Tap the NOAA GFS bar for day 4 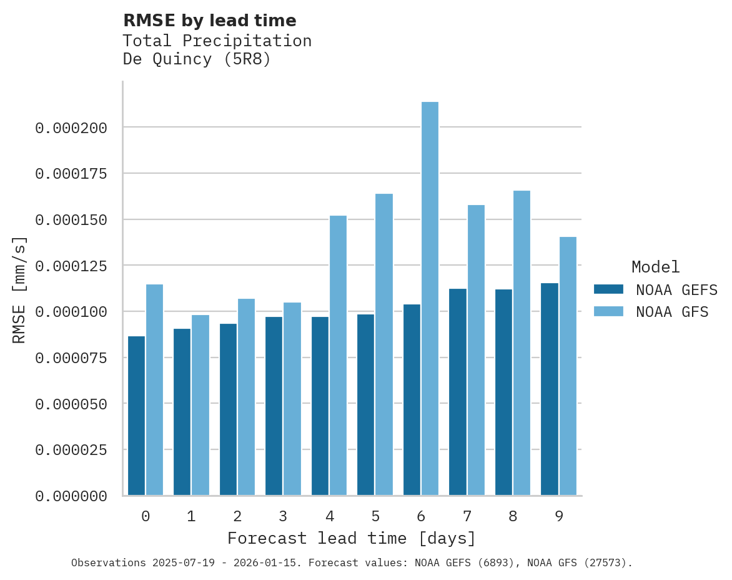(x=338, y=356)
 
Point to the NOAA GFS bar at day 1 (x=200, y=405)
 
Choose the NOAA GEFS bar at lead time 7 (x=458, y=392)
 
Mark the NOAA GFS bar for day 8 (x=522, y=343)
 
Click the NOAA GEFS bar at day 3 (x=274, y=406)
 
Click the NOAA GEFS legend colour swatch (x=608, y=289)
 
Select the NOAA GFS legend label (x=672, y=312)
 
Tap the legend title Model (x=655, y=267)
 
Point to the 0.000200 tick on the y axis (x=71, y=128)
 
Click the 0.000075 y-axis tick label (x=71, y=358)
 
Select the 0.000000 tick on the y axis (x=71, y=496)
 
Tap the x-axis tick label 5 (x=375, y=516)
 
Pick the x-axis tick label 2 (x=237, y=516)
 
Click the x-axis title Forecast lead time (x=352, y=538)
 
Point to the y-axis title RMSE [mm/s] (x=19, y=289)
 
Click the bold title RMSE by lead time (x=209, y=21)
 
